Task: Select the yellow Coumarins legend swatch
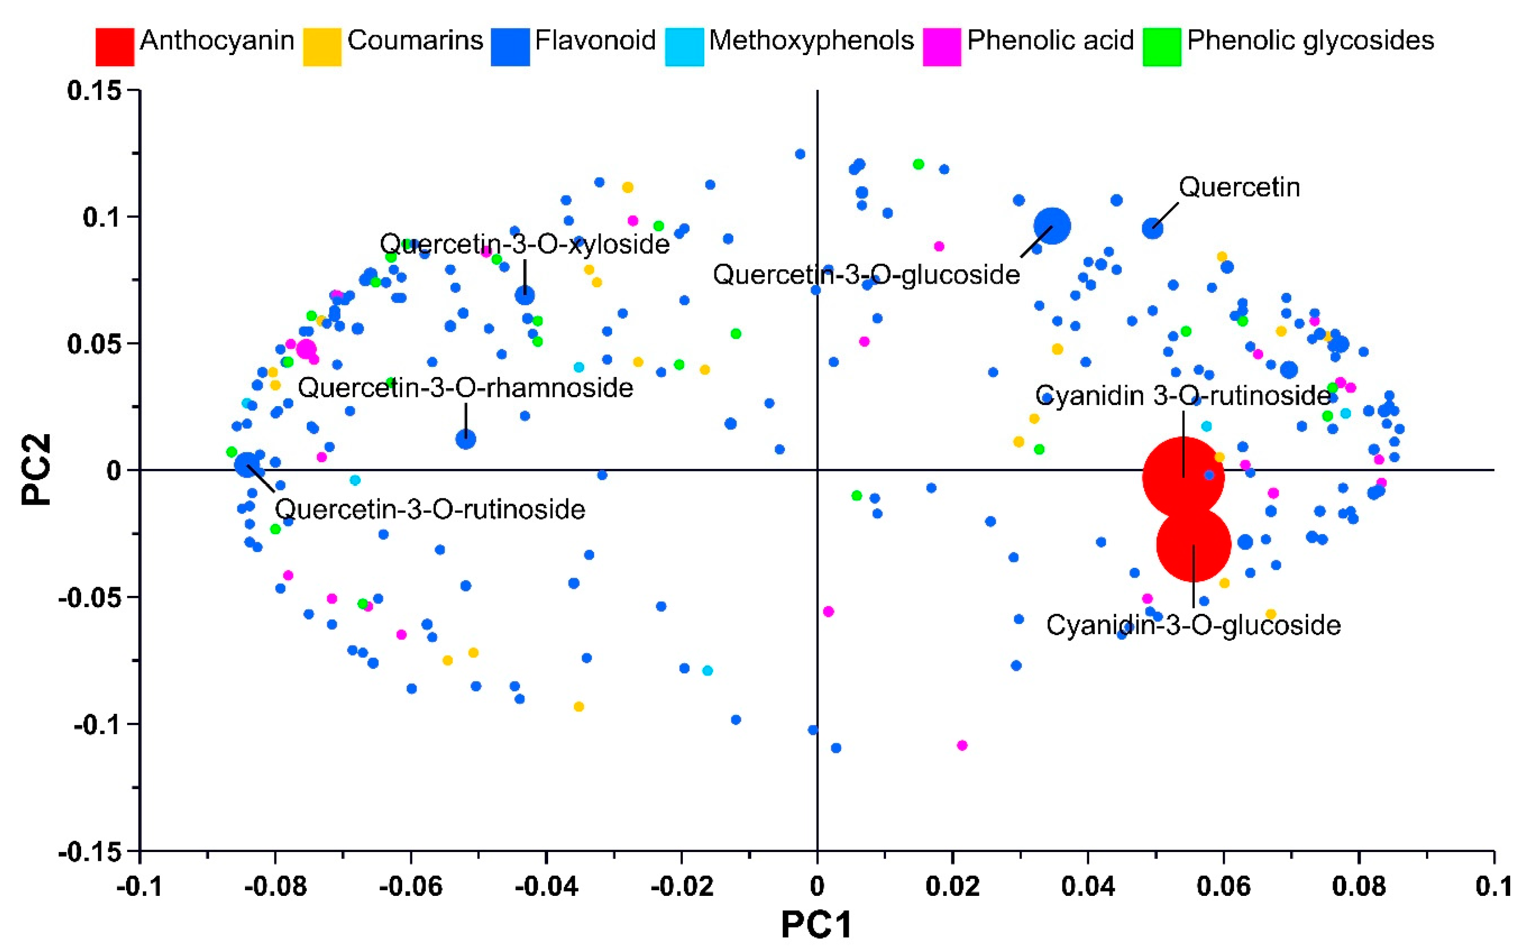[x=322, y=46]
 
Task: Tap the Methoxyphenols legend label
[x=811, y=40]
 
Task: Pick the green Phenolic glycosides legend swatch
[x=1162, y=46]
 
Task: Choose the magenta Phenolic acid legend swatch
[x=942, y=46]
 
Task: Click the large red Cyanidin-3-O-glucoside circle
[x=1193, y=545]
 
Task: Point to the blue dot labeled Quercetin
[x=1152, y=229]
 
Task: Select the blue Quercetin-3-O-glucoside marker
[x=1052, y=226]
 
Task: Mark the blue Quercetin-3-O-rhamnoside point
[x=465, y=439]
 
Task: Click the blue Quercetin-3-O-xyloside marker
[x=525, y=295]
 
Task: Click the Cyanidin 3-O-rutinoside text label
[x=1183, y=395]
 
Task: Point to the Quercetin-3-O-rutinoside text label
[x=430, y=509]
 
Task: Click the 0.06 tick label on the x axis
[x=1223, y=887]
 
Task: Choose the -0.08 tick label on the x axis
[x=275, y=887]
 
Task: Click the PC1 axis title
[x=817, y=925]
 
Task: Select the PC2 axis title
[x=37, y=470]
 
